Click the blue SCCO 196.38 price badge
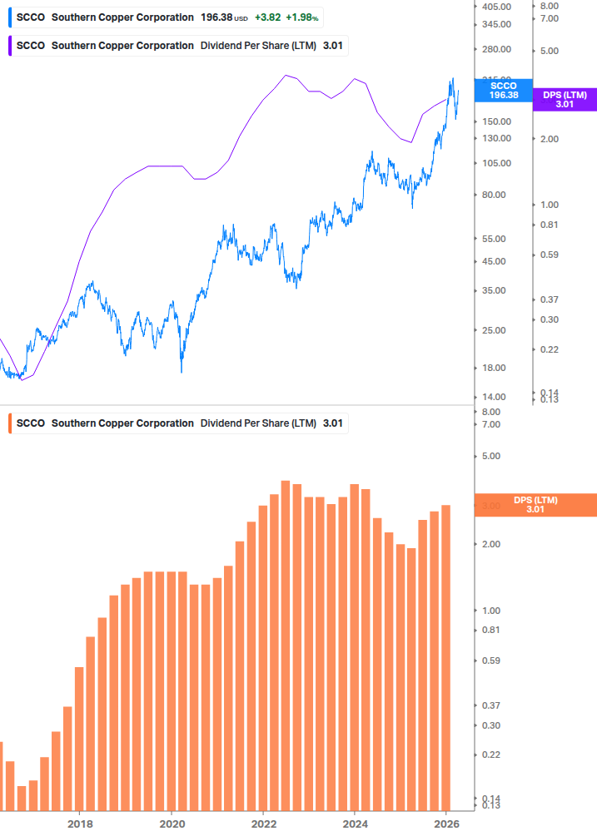(503, 90)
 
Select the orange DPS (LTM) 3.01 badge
(535, 505)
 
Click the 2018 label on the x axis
(80, 824)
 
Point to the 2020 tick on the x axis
(172, 824)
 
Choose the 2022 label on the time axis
(263, 824)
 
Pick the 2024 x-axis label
(355, 824)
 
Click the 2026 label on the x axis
(446, 824)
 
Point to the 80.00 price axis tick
(495, 195)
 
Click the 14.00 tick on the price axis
(495, 398)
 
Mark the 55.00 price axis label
(495, 239)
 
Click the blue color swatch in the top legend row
(9, 17)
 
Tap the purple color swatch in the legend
(9, 46)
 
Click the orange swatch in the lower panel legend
(9, 423)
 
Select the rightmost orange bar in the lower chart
(445, 657)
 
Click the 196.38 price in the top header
(216, 17)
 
